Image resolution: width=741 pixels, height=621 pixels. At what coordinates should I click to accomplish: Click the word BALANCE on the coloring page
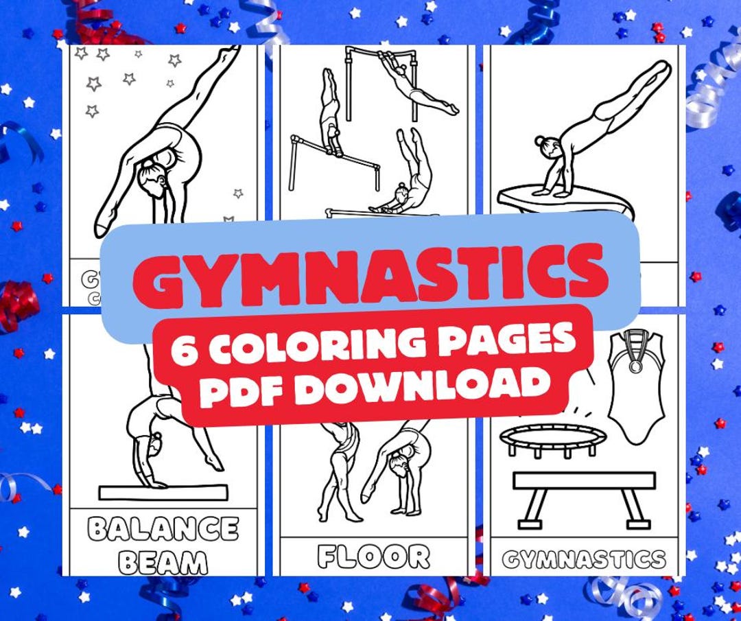point(164,529)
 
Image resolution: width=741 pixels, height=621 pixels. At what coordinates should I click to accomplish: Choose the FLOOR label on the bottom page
point(374,556)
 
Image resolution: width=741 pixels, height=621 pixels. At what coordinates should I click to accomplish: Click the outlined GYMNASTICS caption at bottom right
point(584,559)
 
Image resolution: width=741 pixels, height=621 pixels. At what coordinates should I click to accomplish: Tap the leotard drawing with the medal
point(637,387)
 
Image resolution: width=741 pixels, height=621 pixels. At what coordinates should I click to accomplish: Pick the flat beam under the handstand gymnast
point(163,492)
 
